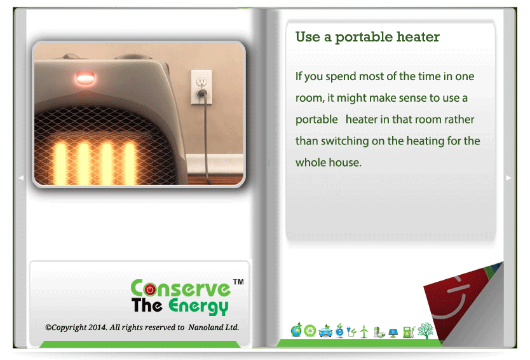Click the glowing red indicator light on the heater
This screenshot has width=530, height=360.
[85, 79]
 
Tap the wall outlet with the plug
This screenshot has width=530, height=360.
[201, 87]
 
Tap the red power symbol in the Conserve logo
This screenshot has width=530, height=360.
[150, 289]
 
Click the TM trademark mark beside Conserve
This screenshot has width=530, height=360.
[238, 282]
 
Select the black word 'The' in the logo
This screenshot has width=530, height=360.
[147, 305]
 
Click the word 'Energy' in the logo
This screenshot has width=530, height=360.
[198, 306]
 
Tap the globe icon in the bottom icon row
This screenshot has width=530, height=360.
[296, 330]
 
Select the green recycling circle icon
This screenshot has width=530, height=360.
[309, 331]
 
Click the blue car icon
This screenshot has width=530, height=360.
[325, 331]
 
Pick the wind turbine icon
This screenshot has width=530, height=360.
[364, 331]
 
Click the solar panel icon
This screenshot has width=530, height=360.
[393, 333]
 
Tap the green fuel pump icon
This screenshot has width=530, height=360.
[409, 331]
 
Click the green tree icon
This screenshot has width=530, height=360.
[425, 331]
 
